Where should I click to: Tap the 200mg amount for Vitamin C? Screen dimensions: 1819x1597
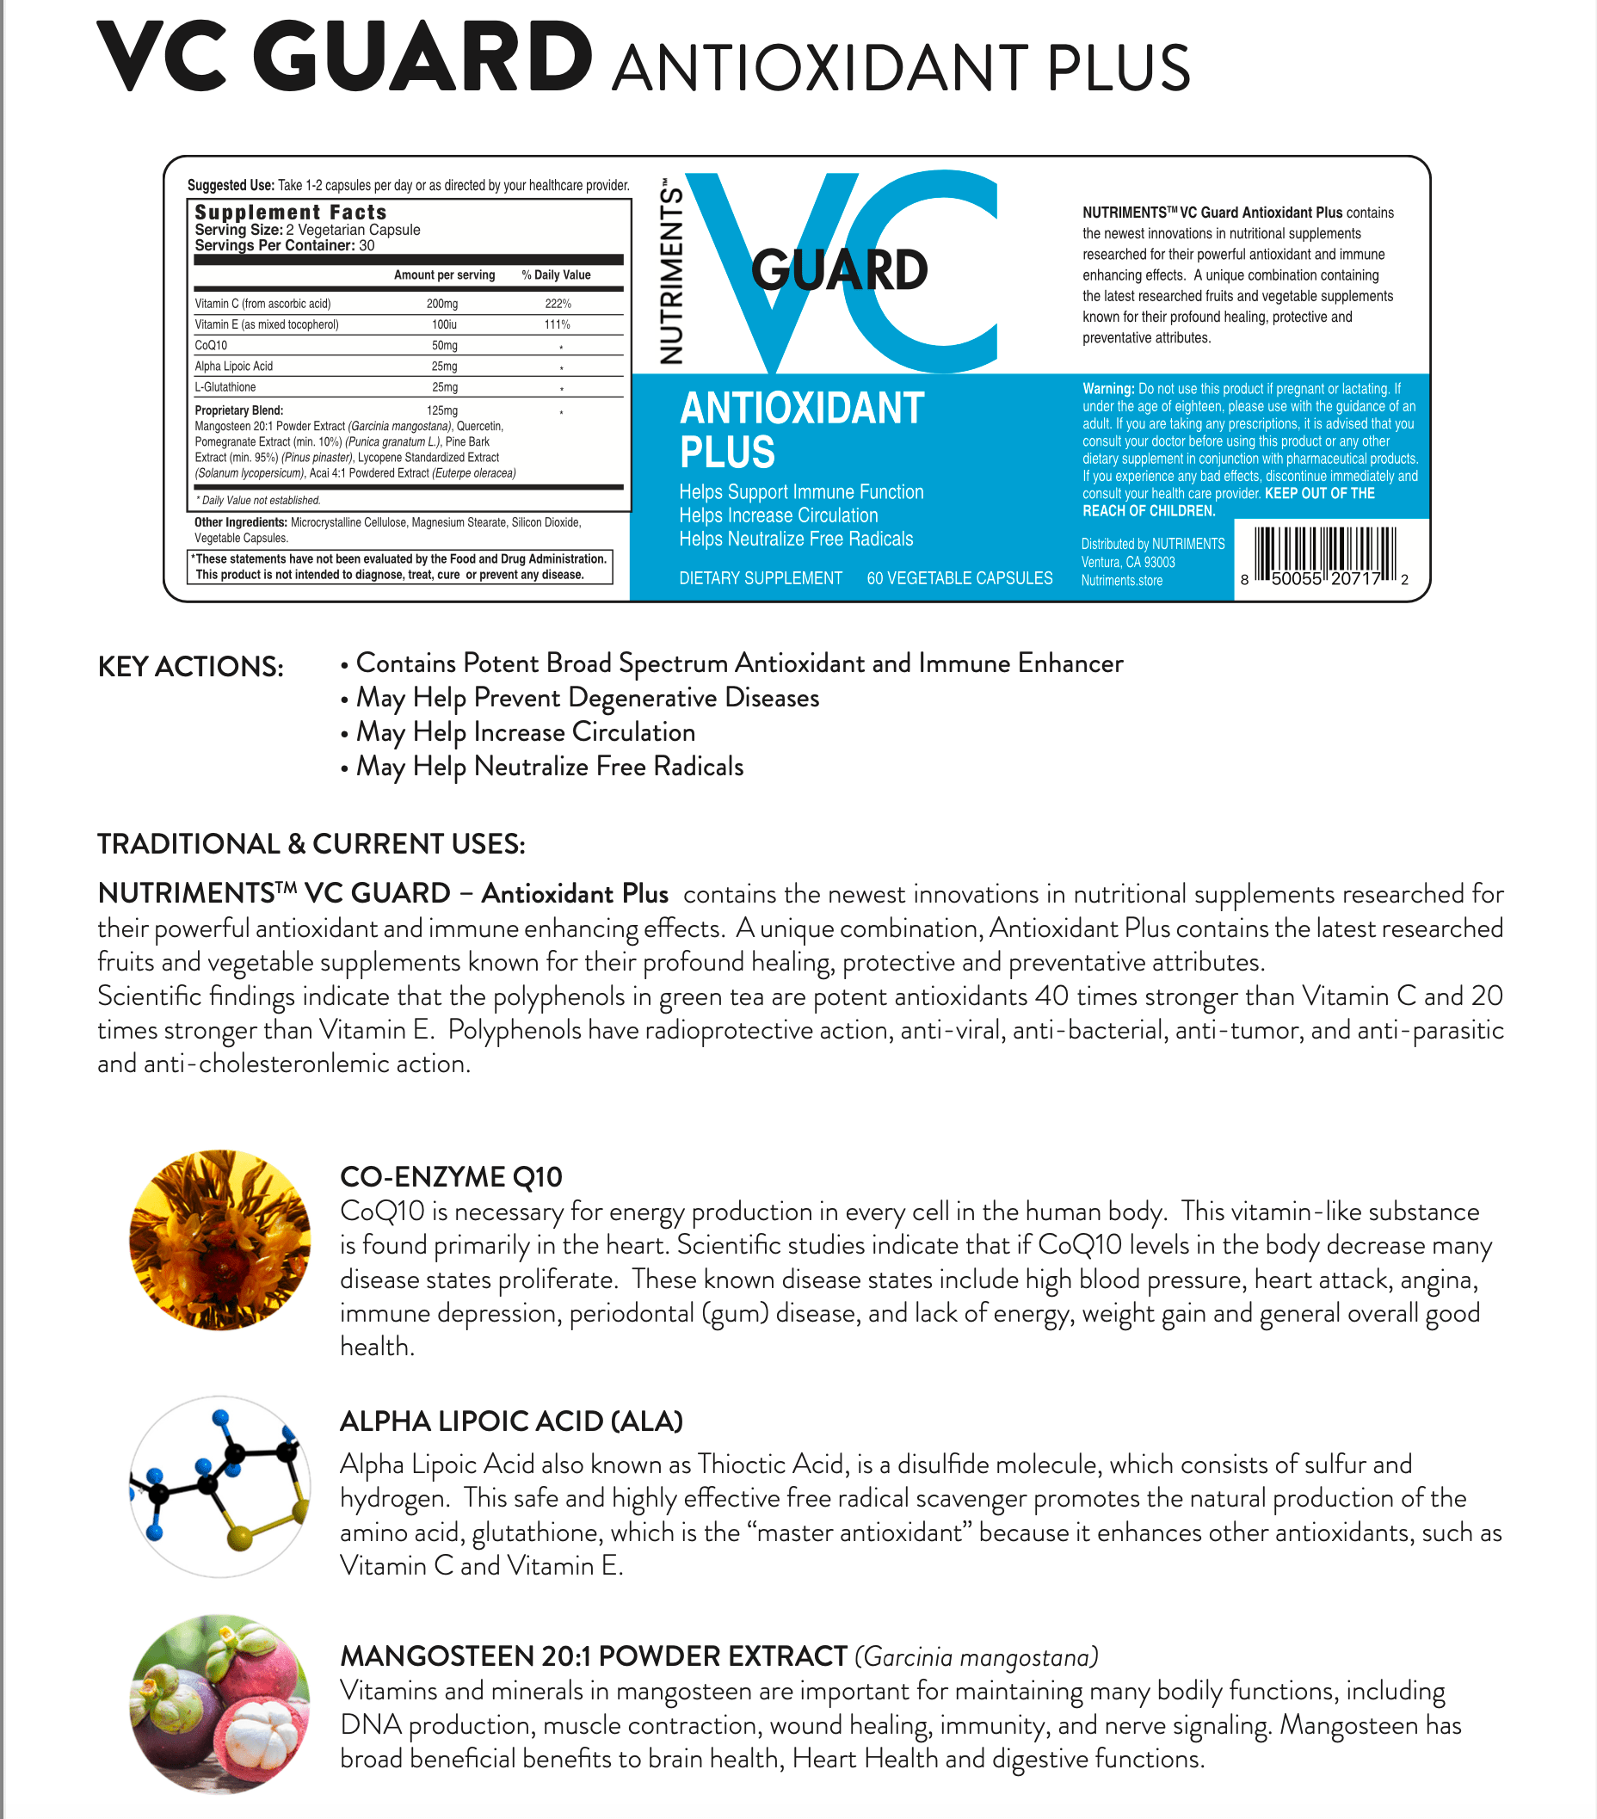[x=442, y=304]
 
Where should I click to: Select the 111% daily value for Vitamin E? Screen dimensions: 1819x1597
[x=557, y=325]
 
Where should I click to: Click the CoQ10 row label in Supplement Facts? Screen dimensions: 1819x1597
[x=211, y=345]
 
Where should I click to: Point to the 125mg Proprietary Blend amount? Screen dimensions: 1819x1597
[x=442, y=410]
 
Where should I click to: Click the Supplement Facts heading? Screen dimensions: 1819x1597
[x=290, y=212]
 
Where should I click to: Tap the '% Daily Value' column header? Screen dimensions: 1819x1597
[x=556, y=275]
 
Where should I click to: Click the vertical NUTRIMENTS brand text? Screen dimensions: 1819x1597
[x=672, y=272]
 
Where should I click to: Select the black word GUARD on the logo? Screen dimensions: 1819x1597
[x=839, y=270]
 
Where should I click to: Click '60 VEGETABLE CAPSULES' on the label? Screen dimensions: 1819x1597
[x=959, y=578]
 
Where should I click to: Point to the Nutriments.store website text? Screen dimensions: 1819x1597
[x=1121, y=580]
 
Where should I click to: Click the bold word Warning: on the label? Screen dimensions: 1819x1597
[x=1107, y=389]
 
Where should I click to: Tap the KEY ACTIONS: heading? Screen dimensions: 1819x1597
[x=190, y=667]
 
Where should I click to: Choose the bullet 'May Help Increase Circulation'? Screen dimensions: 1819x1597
[x=525, y=732]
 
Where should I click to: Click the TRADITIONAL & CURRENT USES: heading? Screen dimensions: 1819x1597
[x=311, y=843]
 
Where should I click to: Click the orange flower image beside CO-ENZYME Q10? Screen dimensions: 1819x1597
[x=219, y=1240]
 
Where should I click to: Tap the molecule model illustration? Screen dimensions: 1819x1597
[x=219, y=1485]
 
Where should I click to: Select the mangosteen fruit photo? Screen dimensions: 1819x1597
[x=219, y=1704]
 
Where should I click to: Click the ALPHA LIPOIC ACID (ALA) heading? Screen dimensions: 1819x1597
[x=511, y=1421]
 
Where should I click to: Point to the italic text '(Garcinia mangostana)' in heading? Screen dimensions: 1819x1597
[x=976, y=1657]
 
